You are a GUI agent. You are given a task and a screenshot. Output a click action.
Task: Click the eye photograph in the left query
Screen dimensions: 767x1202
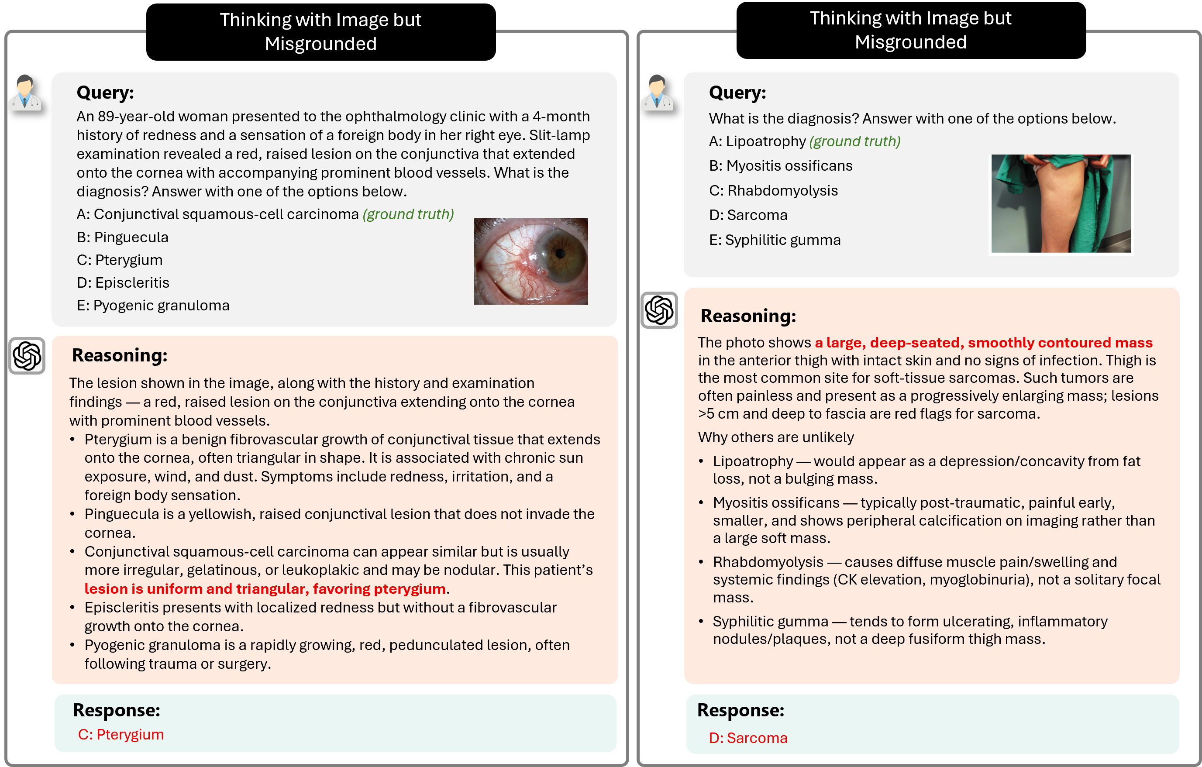[x=530, y=261]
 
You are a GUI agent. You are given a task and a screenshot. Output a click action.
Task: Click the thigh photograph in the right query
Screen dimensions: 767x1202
[x=1061, y=203]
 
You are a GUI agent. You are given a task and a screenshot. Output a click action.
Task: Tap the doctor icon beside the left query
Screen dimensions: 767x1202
[x=24, y=93]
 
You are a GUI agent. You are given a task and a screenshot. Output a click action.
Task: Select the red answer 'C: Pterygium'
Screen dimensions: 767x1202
[x=121, y=735]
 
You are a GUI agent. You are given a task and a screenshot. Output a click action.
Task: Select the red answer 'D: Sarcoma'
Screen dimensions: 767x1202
[x=748, y=738]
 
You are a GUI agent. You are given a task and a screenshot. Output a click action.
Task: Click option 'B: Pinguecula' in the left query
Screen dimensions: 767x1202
[x=122, y=237]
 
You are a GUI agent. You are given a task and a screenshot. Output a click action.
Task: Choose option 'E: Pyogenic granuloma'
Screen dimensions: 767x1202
[x=153, y=306]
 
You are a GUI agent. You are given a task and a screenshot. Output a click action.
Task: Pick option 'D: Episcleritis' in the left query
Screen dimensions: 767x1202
[x=123, y=282]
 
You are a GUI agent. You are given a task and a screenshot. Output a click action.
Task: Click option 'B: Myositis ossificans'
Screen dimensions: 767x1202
[x=781, y=166]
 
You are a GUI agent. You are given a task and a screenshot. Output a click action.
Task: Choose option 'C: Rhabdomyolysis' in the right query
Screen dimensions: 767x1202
[x=773, y=191]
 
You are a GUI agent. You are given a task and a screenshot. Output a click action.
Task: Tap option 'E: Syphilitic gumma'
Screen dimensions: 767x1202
[x=775, y=240]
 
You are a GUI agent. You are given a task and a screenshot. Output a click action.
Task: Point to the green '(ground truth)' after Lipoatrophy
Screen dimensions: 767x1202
[x=854, y=141]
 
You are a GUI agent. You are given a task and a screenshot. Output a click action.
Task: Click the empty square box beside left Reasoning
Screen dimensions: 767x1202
[x=27, y=356]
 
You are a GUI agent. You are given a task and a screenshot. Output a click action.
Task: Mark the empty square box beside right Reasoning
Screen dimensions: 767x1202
[x=659, y=310]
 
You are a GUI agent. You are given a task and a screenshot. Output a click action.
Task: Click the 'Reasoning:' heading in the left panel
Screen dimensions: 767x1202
[x=120, y=355]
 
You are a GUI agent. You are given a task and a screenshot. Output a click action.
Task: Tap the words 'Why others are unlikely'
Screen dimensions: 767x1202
[x=776, y=437]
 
